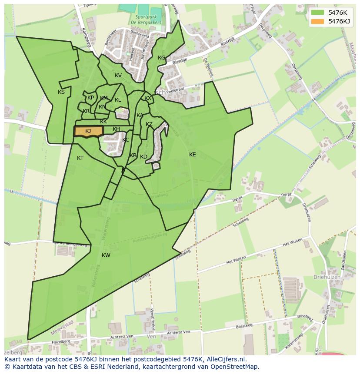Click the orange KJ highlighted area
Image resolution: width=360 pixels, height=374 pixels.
88,131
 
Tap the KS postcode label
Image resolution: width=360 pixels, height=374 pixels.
61,92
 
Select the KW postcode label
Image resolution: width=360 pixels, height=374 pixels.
106,255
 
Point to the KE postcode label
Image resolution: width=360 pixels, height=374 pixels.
193,155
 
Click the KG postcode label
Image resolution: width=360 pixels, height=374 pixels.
162,58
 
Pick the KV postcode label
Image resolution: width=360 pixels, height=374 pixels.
118,76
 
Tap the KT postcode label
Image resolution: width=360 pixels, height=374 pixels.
80,158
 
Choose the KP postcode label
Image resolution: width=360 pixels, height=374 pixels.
90,98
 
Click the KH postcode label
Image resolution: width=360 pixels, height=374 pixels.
116,129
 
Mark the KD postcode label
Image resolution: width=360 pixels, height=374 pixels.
143,157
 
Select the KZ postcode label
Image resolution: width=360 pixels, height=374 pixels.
149,124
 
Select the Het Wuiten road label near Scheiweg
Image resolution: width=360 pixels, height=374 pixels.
236,259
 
